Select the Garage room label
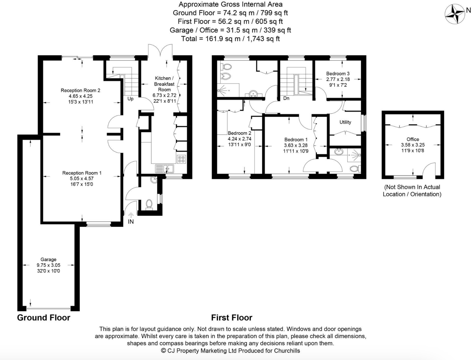[48, 259]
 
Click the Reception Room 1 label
[82, 173]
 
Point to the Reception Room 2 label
[80, 91]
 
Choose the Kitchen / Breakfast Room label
[165, 84]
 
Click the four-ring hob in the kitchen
[181, 159]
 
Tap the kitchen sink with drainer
[165, 169]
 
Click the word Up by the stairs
[130, 99]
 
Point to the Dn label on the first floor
[286, 98]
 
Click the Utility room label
[345, 122]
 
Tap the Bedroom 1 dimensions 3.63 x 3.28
[296, 145]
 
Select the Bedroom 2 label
[240, 133]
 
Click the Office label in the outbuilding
[413, 139]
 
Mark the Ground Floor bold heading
[44, 318]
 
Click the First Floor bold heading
[231, 318]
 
